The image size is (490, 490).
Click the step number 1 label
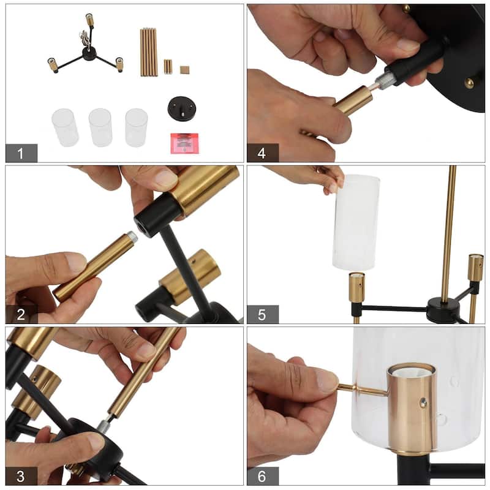21,153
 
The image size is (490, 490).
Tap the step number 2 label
21,314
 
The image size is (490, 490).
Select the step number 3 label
21,476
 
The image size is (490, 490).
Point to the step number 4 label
262,153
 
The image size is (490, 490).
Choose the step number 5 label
262,314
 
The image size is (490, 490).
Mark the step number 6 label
262,476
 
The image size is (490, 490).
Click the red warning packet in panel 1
184,143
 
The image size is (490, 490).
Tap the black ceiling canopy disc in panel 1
182,108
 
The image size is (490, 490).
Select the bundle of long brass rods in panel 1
148,52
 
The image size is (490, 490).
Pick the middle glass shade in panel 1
100,127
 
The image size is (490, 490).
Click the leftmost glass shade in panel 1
65,127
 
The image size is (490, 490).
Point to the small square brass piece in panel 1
185,70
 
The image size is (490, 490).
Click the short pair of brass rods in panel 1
168,66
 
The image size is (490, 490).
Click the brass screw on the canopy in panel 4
469,83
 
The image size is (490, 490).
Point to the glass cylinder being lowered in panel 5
355,222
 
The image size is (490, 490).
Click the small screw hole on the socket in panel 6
423,403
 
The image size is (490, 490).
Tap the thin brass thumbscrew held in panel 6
363,390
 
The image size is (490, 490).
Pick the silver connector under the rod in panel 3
104,424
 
